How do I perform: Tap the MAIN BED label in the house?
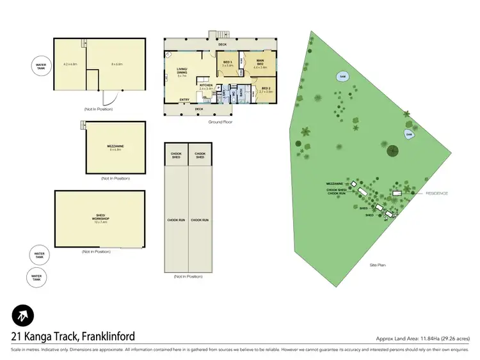(260, 63)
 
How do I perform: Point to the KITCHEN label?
(205, 87)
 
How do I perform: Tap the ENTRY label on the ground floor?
(184, 100)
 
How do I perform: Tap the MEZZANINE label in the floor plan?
(115, 147)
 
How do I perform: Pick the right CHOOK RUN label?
(200, 220)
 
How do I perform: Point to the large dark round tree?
(392, 152)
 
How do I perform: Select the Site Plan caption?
(378, 265)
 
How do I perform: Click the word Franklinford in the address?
(102, 336)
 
